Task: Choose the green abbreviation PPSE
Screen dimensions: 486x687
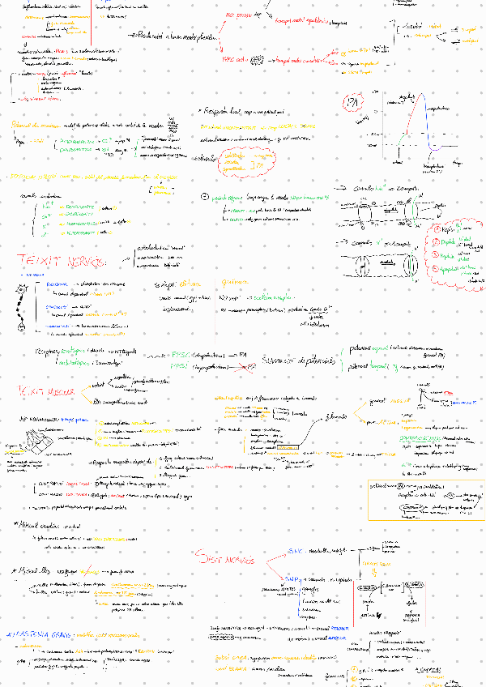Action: (181, 355)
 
